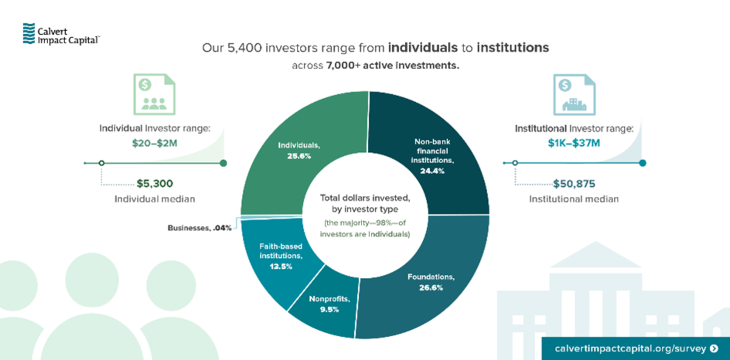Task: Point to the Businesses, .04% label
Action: click(199, 229)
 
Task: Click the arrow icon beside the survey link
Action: click(714, 348)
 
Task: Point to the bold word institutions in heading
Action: click(513, 47)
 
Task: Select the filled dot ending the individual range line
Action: click(223, 163)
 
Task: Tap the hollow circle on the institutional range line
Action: click(515, 163)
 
